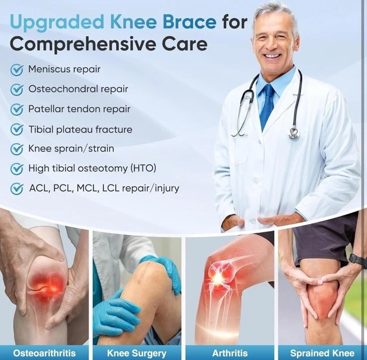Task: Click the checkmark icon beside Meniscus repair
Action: [x=17, y=70]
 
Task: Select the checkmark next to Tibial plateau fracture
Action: [x=17, y=130]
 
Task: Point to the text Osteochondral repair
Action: [x=78, y=89]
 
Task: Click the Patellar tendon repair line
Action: [x=79, y=109]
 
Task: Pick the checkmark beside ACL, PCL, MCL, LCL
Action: [x=17, y=188]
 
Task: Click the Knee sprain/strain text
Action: [x=71, y=149]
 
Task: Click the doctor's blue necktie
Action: [x=268, y=106]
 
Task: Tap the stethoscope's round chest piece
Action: [x=294, y=133]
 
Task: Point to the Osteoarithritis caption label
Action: [x=44, y=353]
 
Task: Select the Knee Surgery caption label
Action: [x=137, y=353]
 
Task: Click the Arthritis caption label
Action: [x=230, y=353]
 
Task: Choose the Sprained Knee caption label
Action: [x=322, y=353]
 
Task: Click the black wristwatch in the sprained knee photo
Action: [x=357, y=260]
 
